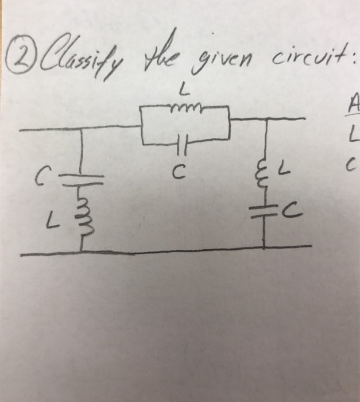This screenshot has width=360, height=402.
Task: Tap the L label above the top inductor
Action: click(182, 90)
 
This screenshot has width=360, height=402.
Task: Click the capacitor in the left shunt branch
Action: click(80, 174)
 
